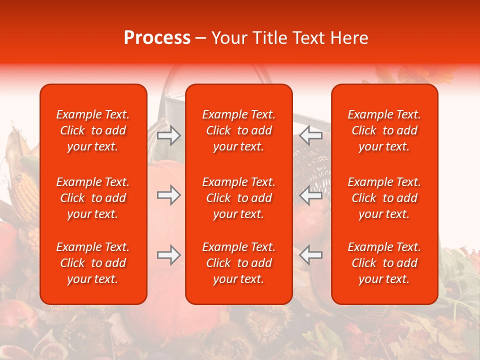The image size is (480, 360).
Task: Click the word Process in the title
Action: pyautogui.click(x=156, y=38)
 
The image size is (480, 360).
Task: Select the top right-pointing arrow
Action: pyautogui.click(x=169, y=135)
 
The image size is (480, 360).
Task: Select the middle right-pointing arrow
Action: pyautogui.click(x=169, y=195)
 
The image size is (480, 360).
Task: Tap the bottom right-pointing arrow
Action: pyautogui.click(x=169, y=255)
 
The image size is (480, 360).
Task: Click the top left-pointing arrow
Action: pyautogui.click(x=311, y=135)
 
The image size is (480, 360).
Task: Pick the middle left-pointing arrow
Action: pyautogui.click(x=311, y=195)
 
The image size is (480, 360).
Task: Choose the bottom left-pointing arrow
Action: pyautogui.click(x=311, y=255)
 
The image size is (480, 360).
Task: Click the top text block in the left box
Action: pyautogui.click(x=93, y=130)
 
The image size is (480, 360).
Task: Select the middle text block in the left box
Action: pyautogui.click(x=93, y=198)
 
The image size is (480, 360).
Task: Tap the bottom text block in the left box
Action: pyautogui.click(x=93, y=263)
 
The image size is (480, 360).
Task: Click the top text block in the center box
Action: pyautogui.click(x=239, y=130)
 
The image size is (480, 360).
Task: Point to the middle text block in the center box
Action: pyautogui.click(x=239, y=198)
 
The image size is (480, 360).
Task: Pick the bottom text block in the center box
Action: pyautogui.click(x=239, y=263)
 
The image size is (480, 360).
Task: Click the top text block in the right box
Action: pyautogui.click(x=384, y=130)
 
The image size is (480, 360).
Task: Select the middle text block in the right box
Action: pyautogui.click(x=384, y=198)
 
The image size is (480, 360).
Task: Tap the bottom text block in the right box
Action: pyautogui.click(x=384, y=263)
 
